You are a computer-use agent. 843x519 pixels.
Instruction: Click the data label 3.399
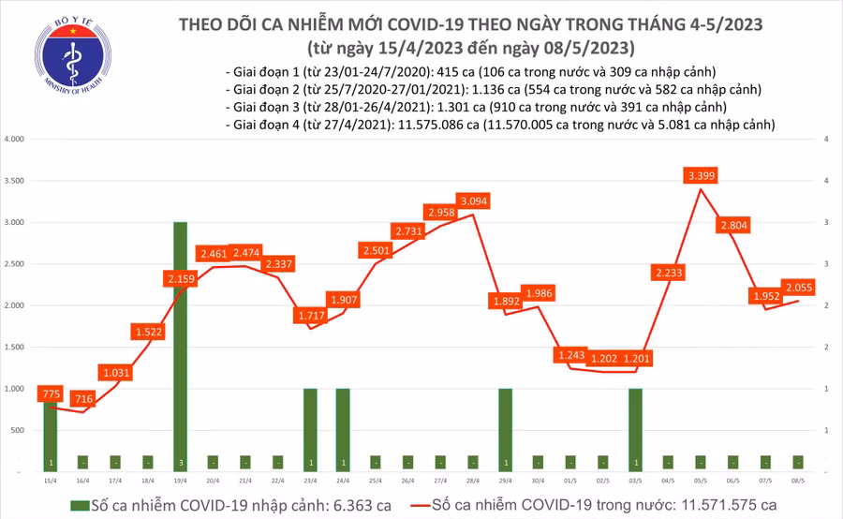pyautogui.click(x=702, y=175)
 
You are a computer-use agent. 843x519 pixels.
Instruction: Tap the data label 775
pyautogui.click(x=51, y=395)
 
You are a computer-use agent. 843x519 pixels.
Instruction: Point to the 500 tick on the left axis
pyautogui.click(x=18, y=430)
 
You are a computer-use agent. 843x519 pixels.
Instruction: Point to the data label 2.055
pyautogui.click(x=798, y=288)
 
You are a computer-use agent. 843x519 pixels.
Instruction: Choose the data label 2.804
pyautogui.click(x=734, y=225)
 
